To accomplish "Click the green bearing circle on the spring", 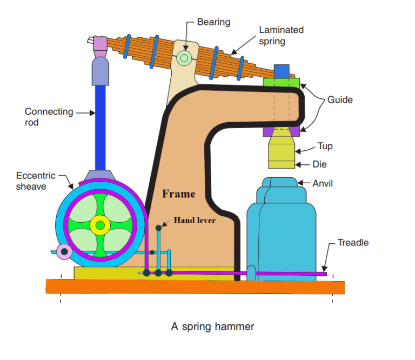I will [x=185, y=57].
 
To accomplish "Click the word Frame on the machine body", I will [x=179, y=194].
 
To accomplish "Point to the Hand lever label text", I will [x=195, y=220].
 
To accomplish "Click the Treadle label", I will [x=353, y=243].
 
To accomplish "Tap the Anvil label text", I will [x=323, y=183].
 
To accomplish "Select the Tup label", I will [x=325, y=146].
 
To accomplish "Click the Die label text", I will [x=319, y=164].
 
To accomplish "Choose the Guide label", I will [x=340, y=99].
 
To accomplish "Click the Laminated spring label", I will [x=281, y=35].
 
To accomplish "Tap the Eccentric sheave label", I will [x=35, y=181].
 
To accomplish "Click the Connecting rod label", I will [x=49, y=117].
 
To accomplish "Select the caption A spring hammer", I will [x=212, y=326].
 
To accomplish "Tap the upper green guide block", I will [x=282, y=83].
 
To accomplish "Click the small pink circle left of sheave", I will [x=65, y=251].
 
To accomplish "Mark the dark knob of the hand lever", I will [x=158, y=228].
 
